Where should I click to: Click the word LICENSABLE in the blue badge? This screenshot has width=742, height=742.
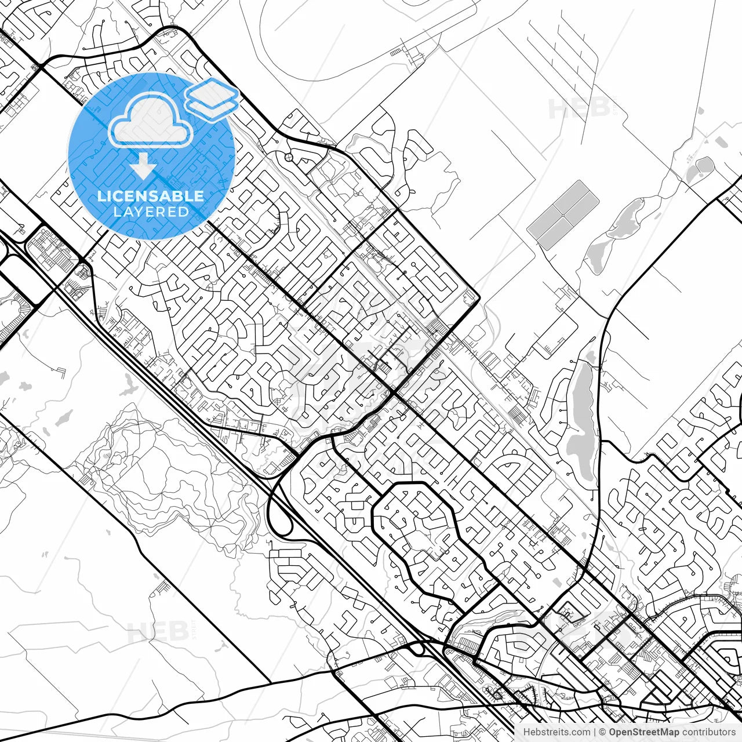pos(151,196)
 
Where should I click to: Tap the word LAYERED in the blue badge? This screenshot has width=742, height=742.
pos(151,212)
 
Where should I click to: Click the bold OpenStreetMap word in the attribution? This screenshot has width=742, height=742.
pos(643,732)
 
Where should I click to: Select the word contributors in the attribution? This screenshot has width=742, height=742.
pos(708,732)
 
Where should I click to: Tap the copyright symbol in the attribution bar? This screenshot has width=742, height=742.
pos(602,732)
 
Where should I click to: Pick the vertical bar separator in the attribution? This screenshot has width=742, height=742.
pos(595,732)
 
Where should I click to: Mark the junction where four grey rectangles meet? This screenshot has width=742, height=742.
pos(563,215)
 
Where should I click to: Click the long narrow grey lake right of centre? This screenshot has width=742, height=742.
pos(581,417)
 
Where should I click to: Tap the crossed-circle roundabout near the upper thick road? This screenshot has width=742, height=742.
pos(289,157)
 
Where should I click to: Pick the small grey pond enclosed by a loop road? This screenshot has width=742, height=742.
pos(703,166)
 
